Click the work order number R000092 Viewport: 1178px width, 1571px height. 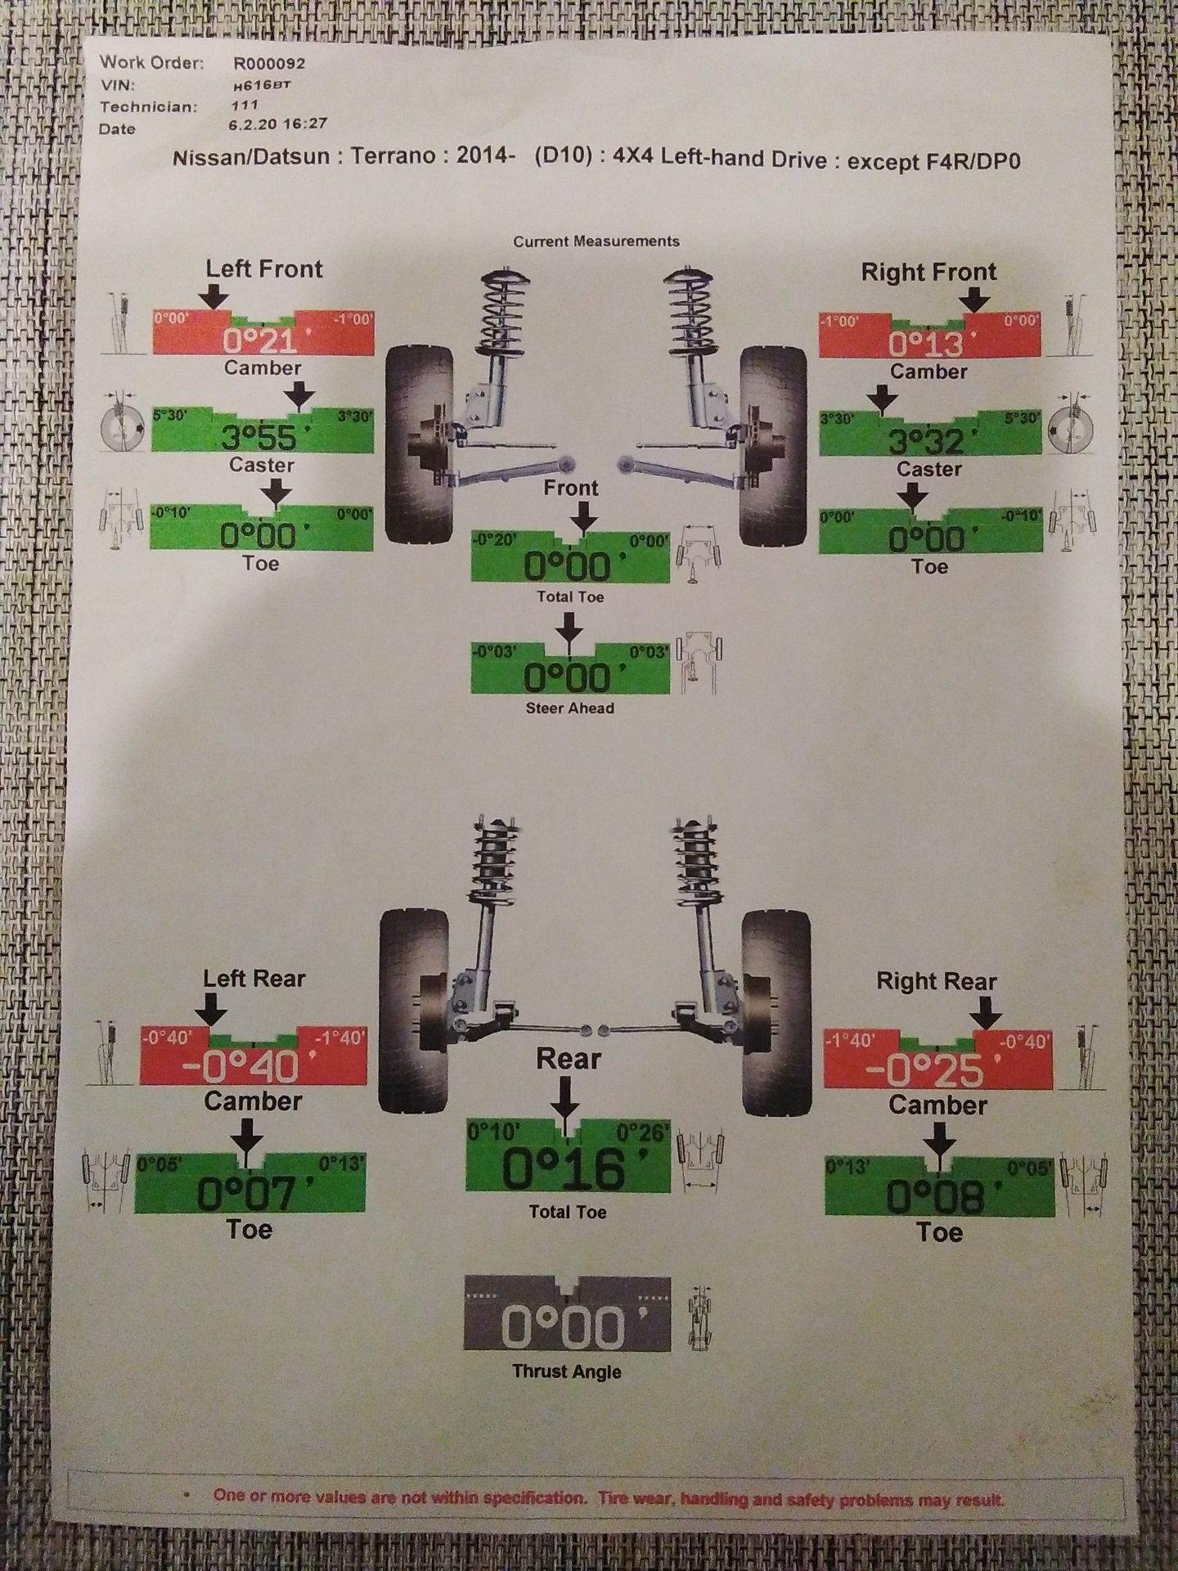(x=269, y=63)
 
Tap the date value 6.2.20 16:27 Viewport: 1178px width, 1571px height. (x=279, y=124)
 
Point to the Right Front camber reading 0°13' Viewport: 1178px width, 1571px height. (x=927, y=344)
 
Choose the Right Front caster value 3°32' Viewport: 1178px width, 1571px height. (x=927, y=441)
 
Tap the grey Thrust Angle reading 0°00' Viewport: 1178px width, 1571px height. (x=565, y=1326)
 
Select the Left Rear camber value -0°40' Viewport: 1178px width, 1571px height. (x=250, y=1065)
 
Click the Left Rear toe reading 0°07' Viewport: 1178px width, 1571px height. (x=247, y=1194)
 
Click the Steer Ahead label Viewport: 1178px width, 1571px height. (x=569, y=708)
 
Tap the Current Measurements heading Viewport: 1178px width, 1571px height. (x=596, y=241)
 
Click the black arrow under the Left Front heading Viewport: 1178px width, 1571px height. (x=217, y=295)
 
